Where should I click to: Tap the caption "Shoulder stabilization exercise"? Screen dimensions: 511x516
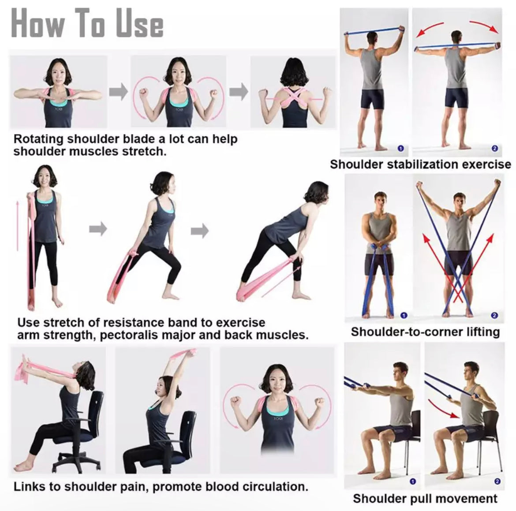[x=420, y=164]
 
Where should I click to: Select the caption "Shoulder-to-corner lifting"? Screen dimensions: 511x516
[x=425, y=332]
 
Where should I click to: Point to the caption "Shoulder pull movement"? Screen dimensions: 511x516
[x=425, y=499]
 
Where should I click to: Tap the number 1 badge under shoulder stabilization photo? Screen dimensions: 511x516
[x=400, y=149]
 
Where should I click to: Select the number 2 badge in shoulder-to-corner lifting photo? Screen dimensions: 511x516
[x=494, y=315]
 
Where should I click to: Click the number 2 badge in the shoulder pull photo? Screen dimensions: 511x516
[x=497, y=481]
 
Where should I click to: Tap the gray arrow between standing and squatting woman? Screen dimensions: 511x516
[x=98, y=229]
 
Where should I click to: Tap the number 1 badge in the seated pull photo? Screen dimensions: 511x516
[x=413, y=481]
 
